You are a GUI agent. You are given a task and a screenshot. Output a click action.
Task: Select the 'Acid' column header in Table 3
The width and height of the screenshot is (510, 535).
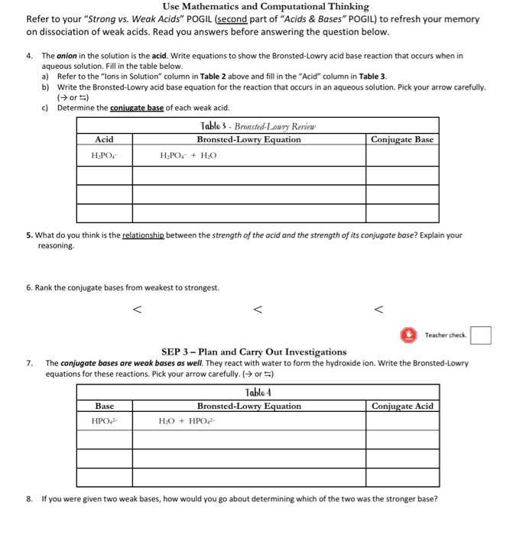pos(104,139)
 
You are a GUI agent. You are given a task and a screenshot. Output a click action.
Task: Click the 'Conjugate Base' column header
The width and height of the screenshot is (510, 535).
pos(402,139)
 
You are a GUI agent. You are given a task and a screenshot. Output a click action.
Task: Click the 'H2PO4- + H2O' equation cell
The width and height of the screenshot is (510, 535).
pos(189,155)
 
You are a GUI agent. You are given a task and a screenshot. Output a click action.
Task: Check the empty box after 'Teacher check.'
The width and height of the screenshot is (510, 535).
pos(481,335)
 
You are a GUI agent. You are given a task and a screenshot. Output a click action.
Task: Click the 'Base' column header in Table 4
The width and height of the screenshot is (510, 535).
pos(105,406)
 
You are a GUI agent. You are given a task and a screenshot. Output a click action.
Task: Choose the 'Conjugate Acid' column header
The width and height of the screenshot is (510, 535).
pos(402,406)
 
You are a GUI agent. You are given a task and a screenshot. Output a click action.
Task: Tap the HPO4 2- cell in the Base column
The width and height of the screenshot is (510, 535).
pos(106,421)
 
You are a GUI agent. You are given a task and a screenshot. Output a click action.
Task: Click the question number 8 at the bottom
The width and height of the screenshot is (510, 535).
pos(28,499)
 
